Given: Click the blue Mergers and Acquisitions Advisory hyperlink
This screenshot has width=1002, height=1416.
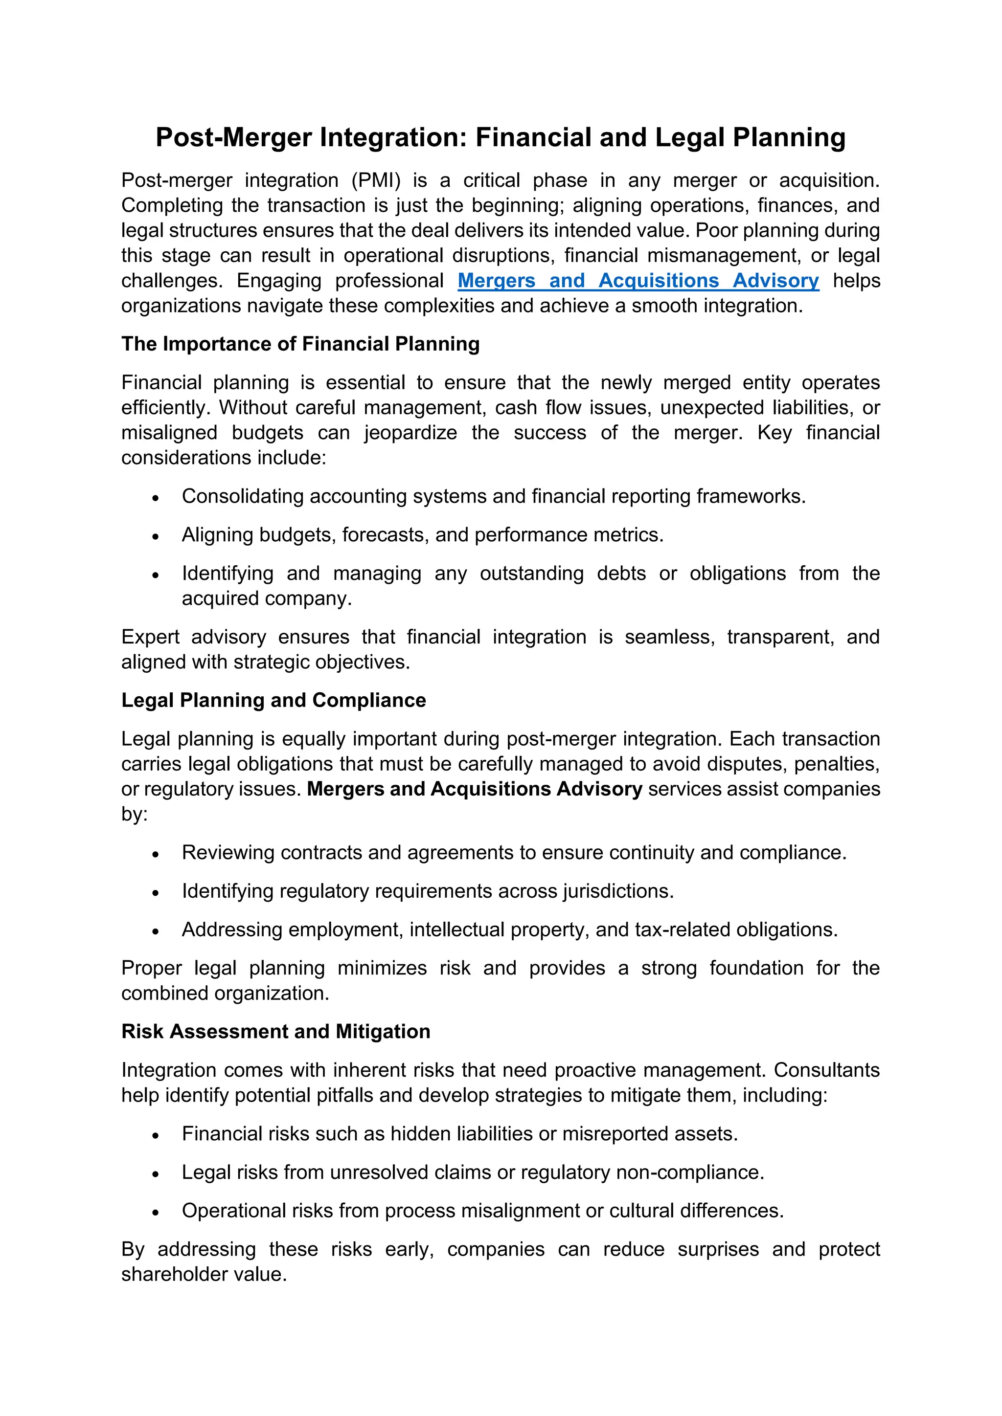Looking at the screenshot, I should (638, 281).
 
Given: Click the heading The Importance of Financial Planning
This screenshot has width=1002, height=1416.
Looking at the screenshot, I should (300, 344).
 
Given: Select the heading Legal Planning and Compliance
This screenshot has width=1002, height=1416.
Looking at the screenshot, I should (273, 700).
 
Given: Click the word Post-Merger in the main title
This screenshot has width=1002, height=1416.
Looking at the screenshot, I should (234, 137).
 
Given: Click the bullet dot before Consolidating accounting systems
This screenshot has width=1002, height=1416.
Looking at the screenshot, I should (156, 498).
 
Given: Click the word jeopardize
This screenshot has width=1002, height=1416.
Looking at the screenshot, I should (410, 432).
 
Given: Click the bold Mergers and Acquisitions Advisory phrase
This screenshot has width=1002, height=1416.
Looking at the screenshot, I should (475, 789).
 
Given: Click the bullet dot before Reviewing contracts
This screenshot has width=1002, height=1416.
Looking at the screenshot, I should (156, 854).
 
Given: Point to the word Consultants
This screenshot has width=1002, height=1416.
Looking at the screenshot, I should (826, 1069).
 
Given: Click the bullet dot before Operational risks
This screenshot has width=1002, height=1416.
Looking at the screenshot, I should (156, 1213).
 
